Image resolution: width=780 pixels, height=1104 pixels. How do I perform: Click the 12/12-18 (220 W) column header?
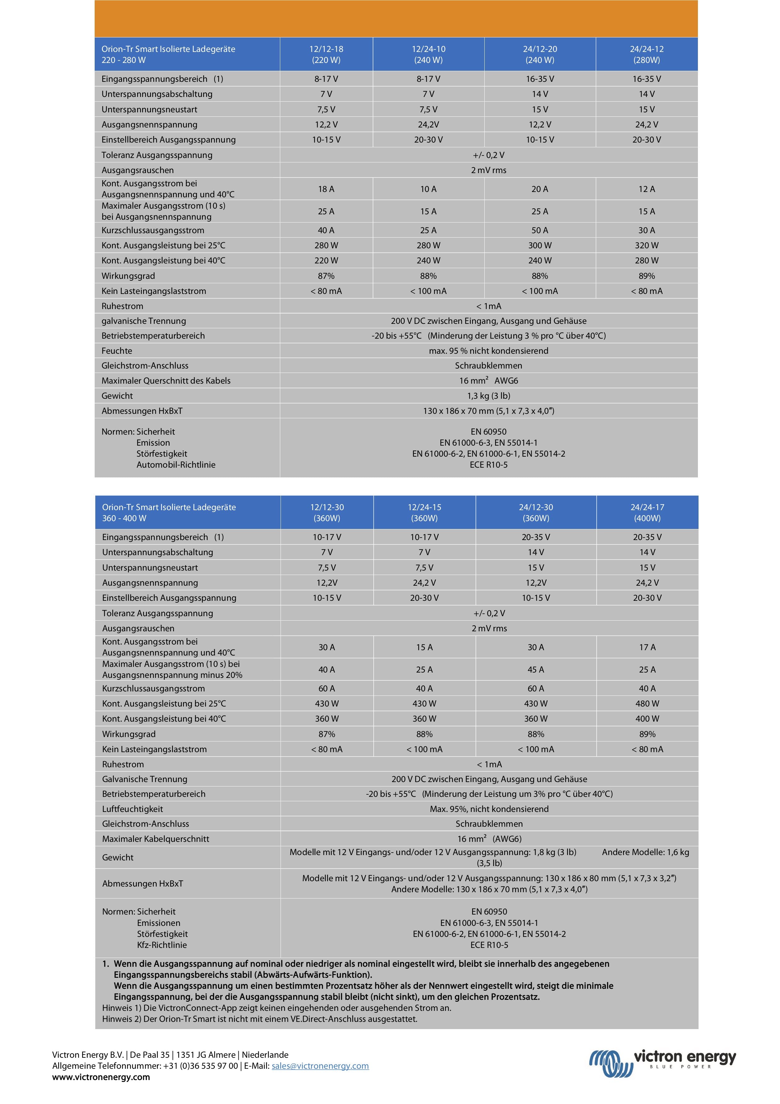pos(326,54)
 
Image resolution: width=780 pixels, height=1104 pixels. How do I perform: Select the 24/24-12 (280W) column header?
pos(646,54)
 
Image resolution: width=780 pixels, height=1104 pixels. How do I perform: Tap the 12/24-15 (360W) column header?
pos(424,513)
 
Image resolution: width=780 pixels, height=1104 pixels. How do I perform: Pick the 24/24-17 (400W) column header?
pos(647,513)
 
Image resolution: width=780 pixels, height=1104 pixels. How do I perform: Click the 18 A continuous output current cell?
pos(326,189)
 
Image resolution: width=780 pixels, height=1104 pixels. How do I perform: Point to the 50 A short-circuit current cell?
pos(540,230)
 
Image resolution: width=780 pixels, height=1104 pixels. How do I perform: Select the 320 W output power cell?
pos(646,245)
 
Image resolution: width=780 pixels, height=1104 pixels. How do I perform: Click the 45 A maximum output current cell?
pos(536,669)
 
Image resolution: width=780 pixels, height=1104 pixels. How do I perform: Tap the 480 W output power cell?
pos(647,703)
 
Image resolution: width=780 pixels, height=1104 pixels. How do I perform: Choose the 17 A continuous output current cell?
pos(647,647)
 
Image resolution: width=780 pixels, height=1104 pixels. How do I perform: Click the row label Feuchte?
pos(117,351)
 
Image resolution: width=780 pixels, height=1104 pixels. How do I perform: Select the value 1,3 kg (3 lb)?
pos(488,396)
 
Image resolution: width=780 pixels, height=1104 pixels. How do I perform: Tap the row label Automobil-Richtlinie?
pos(176,465)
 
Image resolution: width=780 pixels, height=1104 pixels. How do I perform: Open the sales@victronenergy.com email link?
pos(320,1066)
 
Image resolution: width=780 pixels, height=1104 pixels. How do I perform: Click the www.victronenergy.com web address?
pos(101,1077)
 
